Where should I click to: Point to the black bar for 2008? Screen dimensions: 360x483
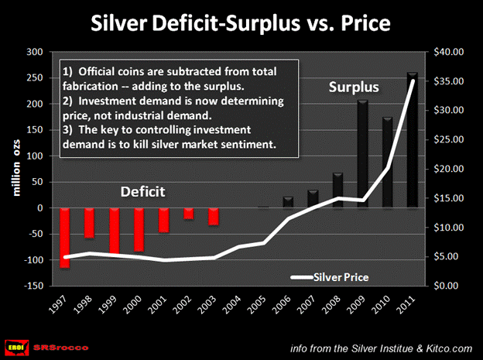pos(337,190)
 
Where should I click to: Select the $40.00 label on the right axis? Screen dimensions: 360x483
pos(450,52)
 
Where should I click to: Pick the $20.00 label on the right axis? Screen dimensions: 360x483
pos(450,169)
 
